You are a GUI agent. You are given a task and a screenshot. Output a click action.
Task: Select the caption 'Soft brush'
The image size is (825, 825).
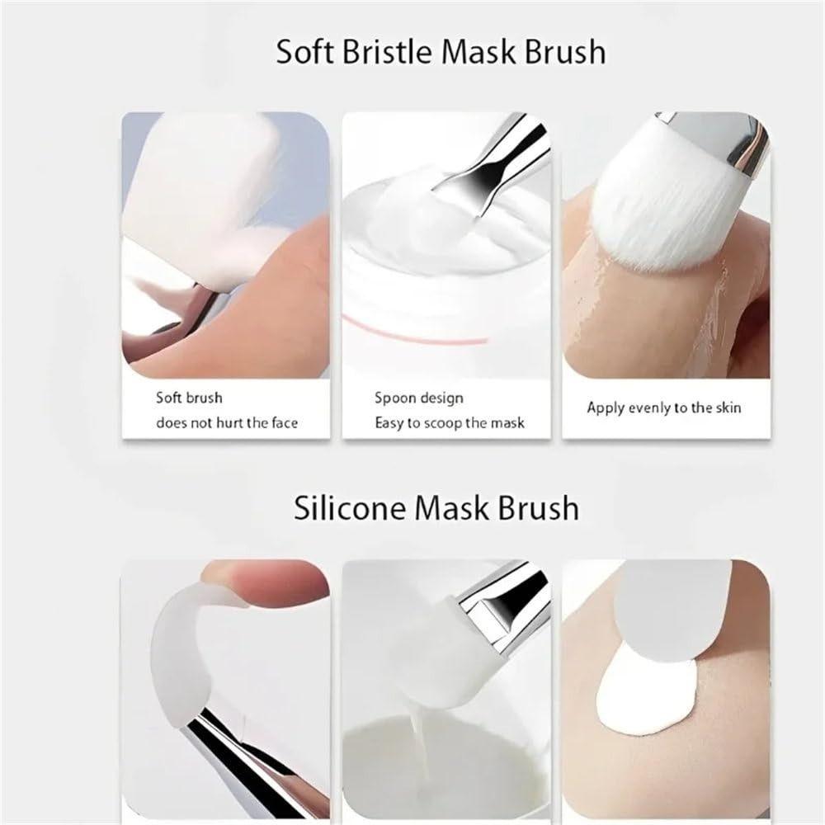[x=189, y=398]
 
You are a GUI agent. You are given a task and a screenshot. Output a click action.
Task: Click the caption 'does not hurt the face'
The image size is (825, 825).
[x=227, y=423]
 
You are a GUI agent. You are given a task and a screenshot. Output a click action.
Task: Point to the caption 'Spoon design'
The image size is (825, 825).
[x=419, y=398]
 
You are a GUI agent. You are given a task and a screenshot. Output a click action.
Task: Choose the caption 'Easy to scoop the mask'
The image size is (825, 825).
[x=450, y=423]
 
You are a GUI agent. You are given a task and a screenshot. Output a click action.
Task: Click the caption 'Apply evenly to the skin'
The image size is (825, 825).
[x=664, y=408]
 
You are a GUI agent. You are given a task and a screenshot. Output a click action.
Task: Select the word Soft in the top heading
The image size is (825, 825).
[x=304, y=51]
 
